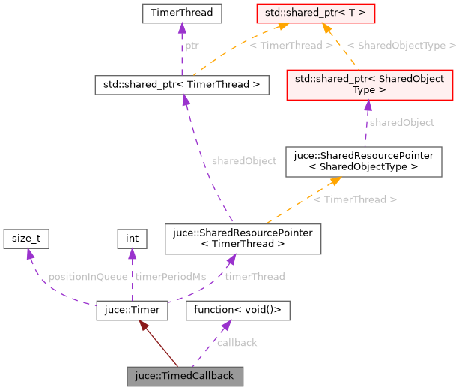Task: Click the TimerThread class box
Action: pos(181,13)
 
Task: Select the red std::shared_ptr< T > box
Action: pos(326,13)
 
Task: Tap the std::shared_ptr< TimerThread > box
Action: pos(181,85)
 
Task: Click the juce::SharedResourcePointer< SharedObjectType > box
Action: pos(363,161)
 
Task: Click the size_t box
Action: pos(26,238)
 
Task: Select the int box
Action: pos(132,238)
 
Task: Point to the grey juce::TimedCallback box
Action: pos(185,374)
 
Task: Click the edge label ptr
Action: pos(192,46)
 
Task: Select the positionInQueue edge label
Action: pos(88,277)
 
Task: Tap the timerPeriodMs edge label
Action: pos(170,277)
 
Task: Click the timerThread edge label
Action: pos(255,277)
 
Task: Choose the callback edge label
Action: pos(237,343)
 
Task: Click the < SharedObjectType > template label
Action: pos(401,46)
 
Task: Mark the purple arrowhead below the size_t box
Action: pos(30,253)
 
